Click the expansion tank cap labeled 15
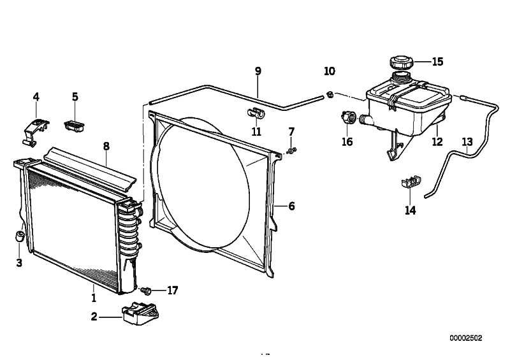[402, 62]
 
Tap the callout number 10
[330, 71]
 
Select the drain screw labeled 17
[147, 291]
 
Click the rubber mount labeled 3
[20, 236]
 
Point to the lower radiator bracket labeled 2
[140, 313]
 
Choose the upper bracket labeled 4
[36, 132]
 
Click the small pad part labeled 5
[75, 126]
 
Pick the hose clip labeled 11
[256, 113]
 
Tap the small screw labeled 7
[292, 150]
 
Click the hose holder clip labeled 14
[411, 182]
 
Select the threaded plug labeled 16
[348, 117]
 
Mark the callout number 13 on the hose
[467, 142]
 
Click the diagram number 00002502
[466, 338]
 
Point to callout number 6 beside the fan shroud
[291, 206]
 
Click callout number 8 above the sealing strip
[106, 147]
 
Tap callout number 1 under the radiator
[94, 298]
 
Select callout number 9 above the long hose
[258, 71]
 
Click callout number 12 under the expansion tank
[437, 142]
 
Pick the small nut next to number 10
[330, 95]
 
